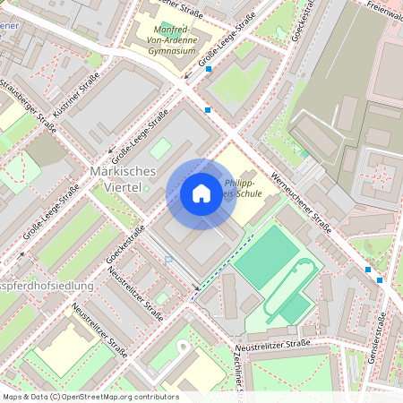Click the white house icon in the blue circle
tap(201, 194)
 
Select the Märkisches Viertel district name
tap(124, 178)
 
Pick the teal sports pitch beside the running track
tap(265, 258)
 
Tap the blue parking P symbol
tap(167, 260)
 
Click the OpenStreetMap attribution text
tap(90, 397)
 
